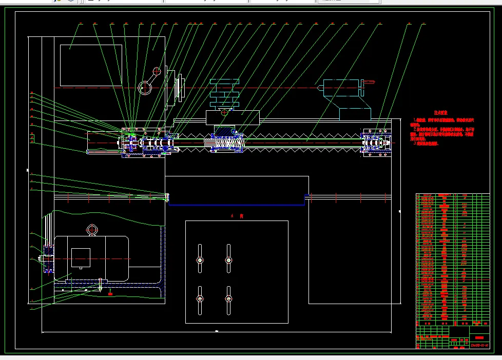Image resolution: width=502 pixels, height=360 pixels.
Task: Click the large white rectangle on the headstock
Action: click(91, 65)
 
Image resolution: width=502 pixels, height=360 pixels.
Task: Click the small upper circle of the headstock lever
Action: click(157, 71)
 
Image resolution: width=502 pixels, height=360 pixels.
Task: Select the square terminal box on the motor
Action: click(81, 258)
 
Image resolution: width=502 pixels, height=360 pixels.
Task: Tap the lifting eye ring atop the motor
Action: click(92, 229)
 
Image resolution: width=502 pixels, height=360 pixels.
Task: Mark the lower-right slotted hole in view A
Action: click(229, 299)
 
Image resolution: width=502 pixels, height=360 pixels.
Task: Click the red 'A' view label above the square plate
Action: click(233, 216)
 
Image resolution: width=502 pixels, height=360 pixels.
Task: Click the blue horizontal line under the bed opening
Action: click(237, 206)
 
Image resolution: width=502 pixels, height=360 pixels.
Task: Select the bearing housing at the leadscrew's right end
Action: click(376, 143)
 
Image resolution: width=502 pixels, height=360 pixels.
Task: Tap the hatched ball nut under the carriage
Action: click(224, 139)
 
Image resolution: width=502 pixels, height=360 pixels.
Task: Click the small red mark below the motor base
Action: click(110, 294)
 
